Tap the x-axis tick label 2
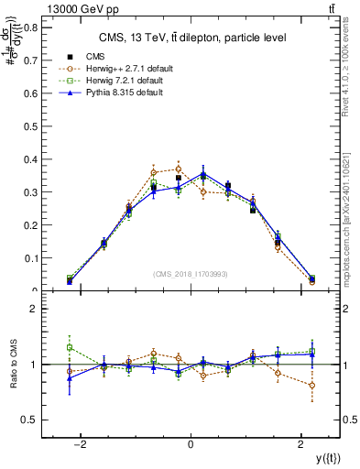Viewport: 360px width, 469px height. click(300, 445)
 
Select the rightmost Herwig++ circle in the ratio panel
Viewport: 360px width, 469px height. click(312, 386)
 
